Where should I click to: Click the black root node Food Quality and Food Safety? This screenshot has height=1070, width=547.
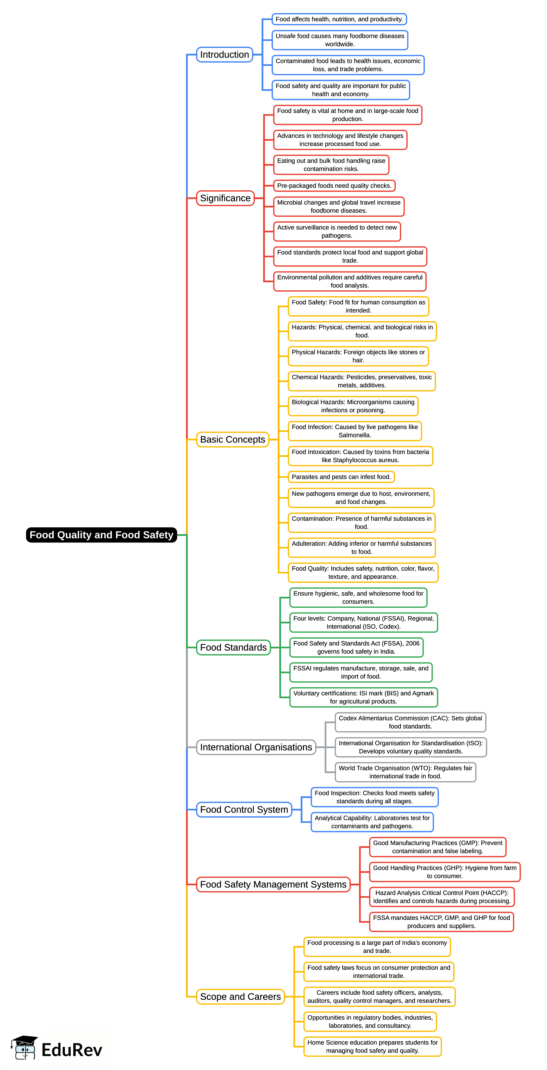101,535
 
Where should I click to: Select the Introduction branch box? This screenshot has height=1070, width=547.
225,54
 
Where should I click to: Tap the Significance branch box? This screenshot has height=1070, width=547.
225,198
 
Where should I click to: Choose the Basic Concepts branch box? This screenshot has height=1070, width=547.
232,439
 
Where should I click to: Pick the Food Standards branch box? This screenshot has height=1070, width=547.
233,647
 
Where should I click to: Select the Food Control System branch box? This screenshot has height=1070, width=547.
244,810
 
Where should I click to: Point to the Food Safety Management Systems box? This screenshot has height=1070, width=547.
273,884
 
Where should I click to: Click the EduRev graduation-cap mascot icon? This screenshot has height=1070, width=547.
24,1047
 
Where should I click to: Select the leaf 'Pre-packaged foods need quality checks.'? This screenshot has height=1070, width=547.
334,186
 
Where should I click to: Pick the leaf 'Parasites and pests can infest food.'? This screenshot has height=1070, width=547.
341,477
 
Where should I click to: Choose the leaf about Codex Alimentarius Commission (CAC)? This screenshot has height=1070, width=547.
410,722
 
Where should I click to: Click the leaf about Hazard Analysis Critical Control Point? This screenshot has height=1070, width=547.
442,897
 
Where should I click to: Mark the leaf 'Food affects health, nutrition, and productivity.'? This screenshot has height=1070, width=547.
339,19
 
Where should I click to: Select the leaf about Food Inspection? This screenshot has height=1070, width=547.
374,797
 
